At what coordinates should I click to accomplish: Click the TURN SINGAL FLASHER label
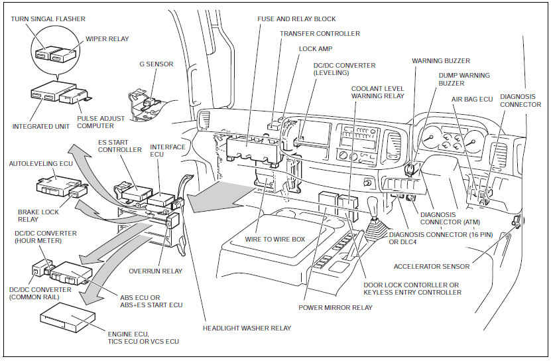tap(48, 19)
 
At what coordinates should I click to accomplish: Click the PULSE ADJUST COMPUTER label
tap(101, 122)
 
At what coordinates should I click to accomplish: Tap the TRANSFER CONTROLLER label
tap(320, 33)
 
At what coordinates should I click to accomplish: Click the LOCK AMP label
tap(316, 49)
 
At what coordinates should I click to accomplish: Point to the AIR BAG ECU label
tap(472, 99)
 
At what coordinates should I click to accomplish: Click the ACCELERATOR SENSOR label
tap(431, 267)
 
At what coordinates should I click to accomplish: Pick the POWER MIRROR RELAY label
tap(335, 308)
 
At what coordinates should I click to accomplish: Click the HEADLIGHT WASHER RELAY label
tap(247, 328)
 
